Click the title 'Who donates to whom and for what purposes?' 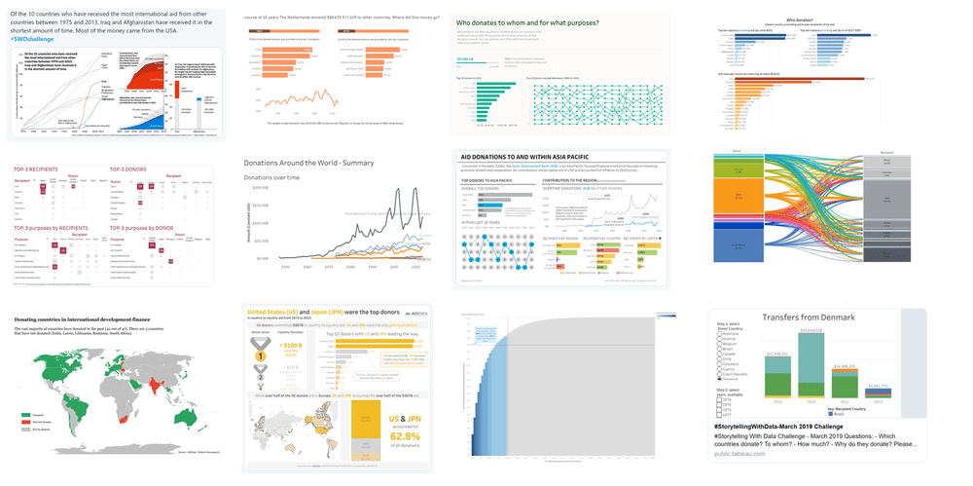[x=527, y=21]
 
